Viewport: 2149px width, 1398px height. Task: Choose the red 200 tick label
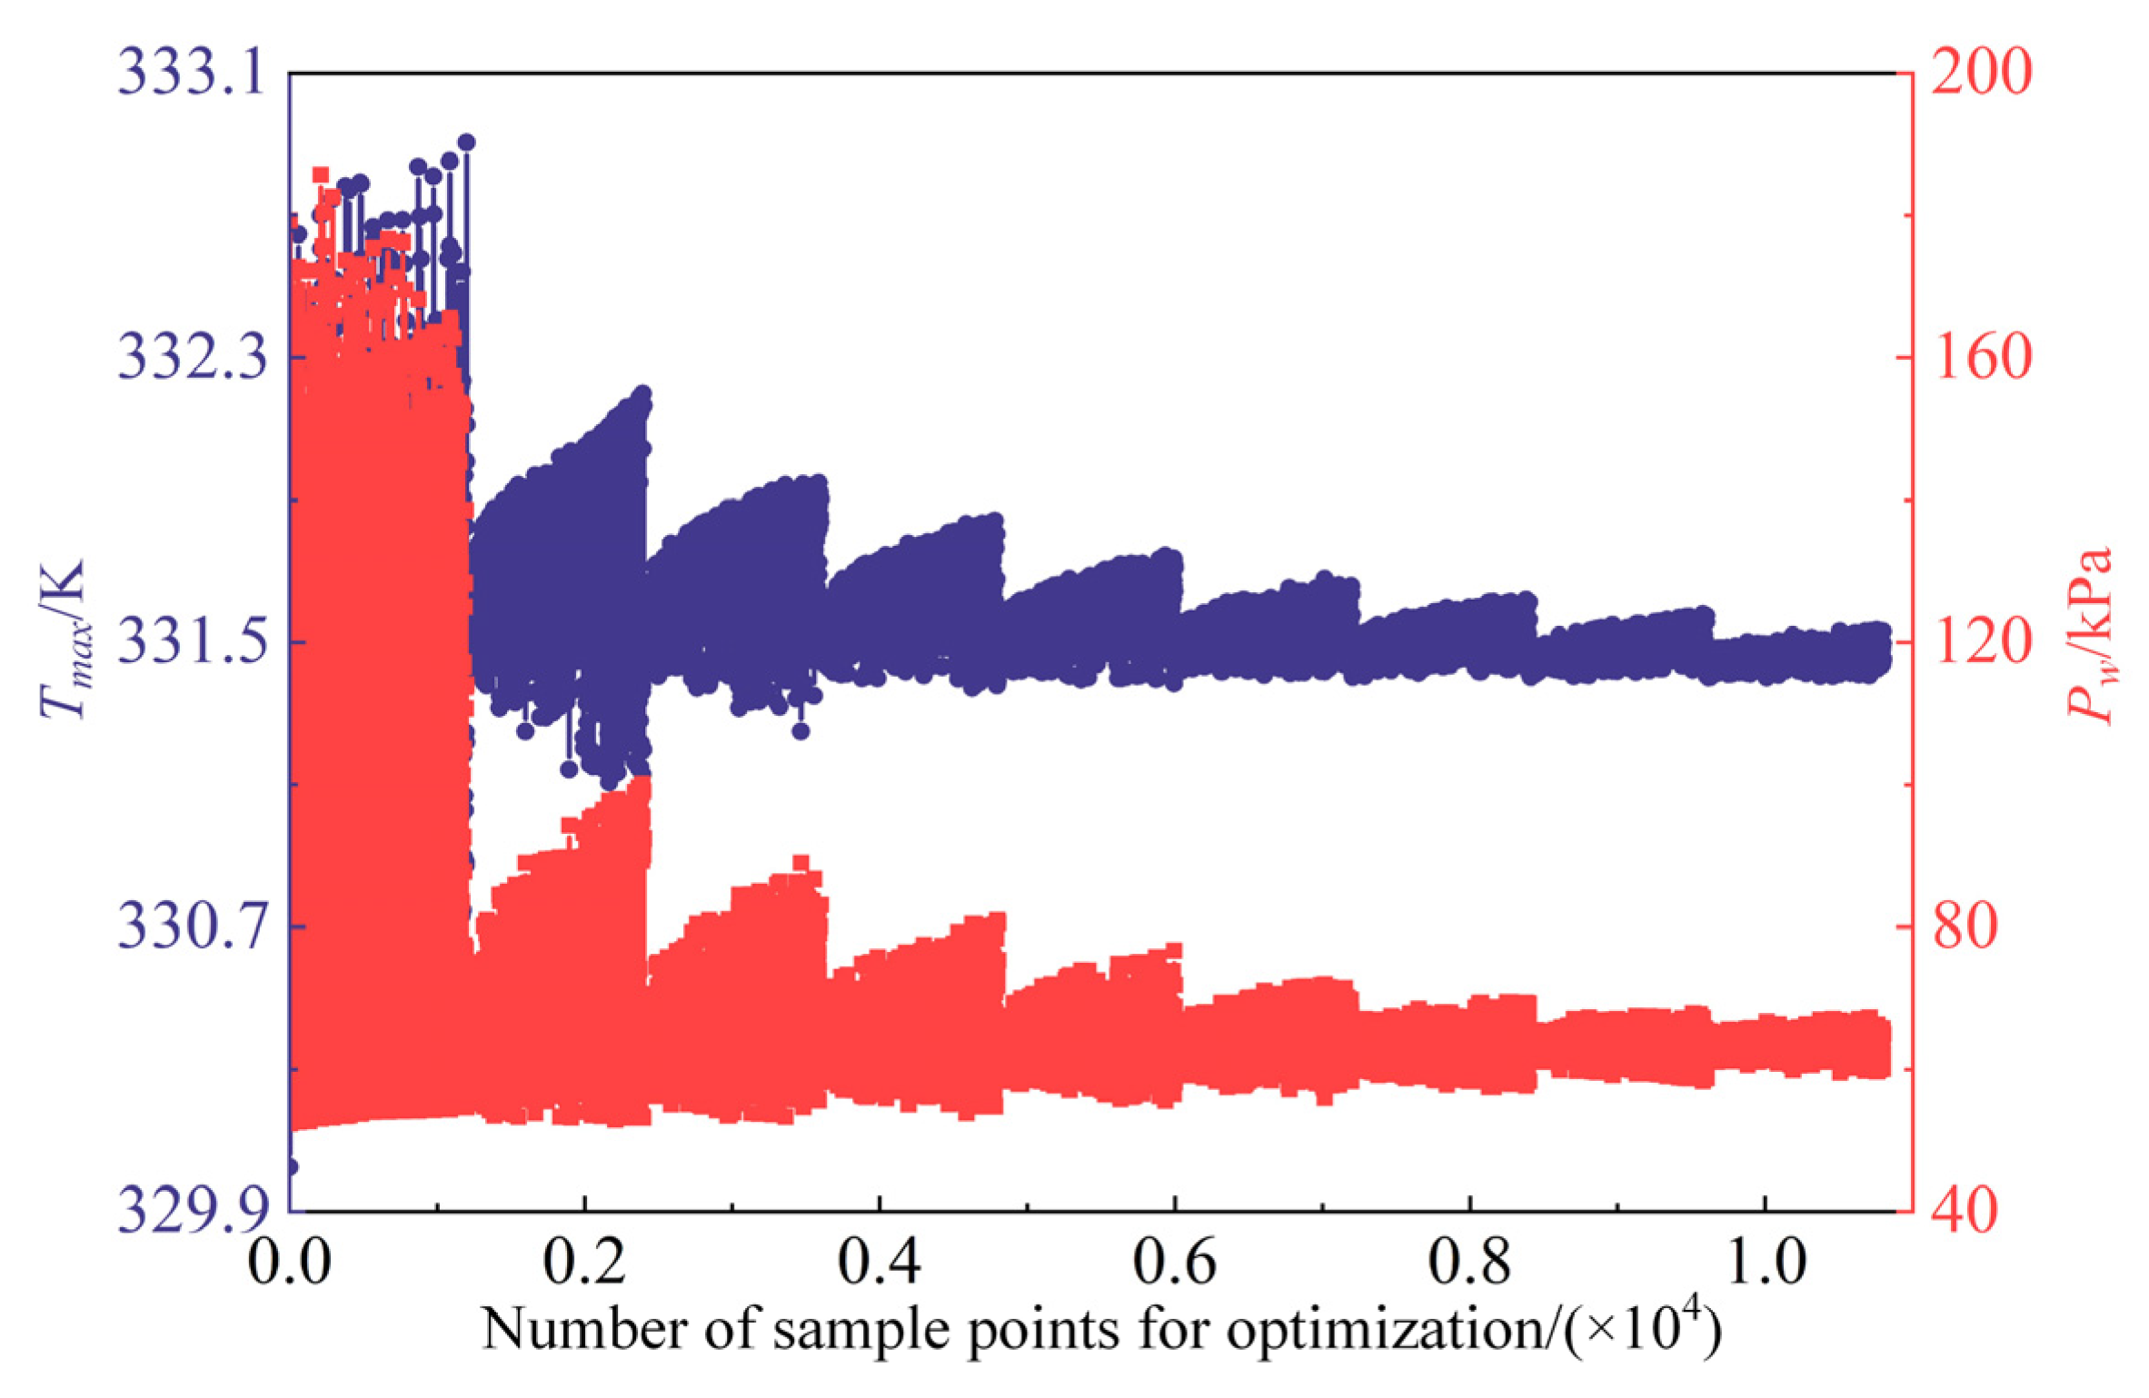(1980, 74)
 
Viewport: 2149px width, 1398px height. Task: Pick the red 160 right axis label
(1980, 357)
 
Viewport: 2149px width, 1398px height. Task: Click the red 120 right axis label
(1980, 642)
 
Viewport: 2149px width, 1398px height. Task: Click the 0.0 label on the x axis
(289, 1262)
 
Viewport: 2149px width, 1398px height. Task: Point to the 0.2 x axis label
(584, 1262)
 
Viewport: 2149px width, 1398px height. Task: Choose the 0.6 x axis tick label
(1174, 1262)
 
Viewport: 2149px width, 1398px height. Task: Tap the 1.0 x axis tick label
(1765, 1262)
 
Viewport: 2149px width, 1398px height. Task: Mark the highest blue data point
(466, 142)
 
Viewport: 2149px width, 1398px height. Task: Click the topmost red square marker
(320, 174)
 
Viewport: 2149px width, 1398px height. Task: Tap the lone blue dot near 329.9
(291, 1166)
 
